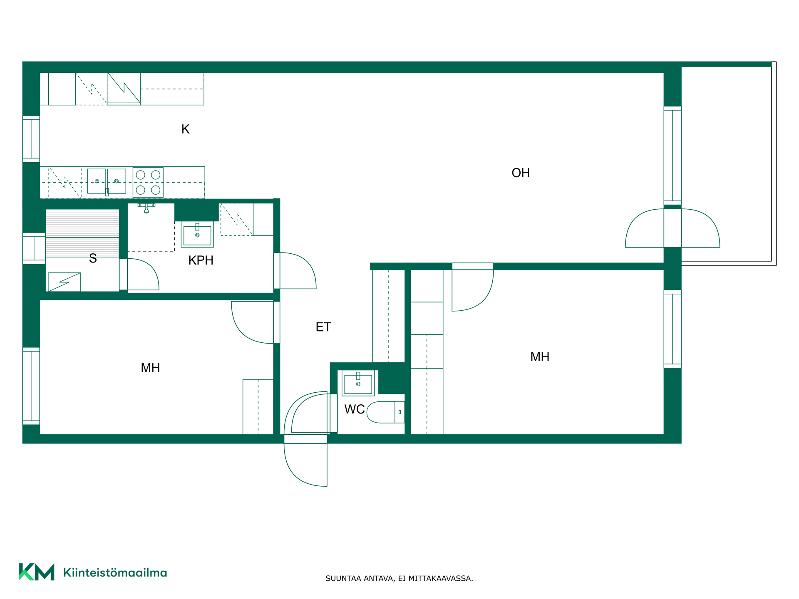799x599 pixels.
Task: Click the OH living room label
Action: point(521,173)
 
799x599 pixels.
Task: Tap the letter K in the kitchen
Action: point(186,129)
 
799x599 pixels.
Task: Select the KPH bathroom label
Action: point(201,260)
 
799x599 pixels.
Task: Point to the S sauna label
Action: point(93,258)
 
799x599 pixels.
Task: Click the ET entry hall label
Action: point(323,327)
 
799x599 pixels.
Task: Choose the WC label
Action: point(355,409)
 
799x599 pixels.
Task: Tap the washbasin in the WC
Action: point(358,383)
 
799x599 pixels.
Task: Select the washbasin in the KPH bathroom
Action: point(197,234)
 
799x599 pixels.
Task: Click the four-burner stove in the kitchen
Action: point(148,182)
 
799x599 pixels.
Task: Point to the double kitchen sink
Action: point(107,181)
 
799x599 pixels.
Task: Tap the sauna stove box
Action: point(65,282)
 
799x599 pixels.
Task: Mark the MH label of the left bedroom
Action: point(150,368)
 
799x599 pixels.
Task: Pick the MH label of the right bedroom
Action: point(540,357)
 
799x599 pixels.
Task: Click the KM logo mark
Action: point(37,572)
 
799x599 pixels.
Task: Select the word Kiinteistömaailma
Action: point(115,573)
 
